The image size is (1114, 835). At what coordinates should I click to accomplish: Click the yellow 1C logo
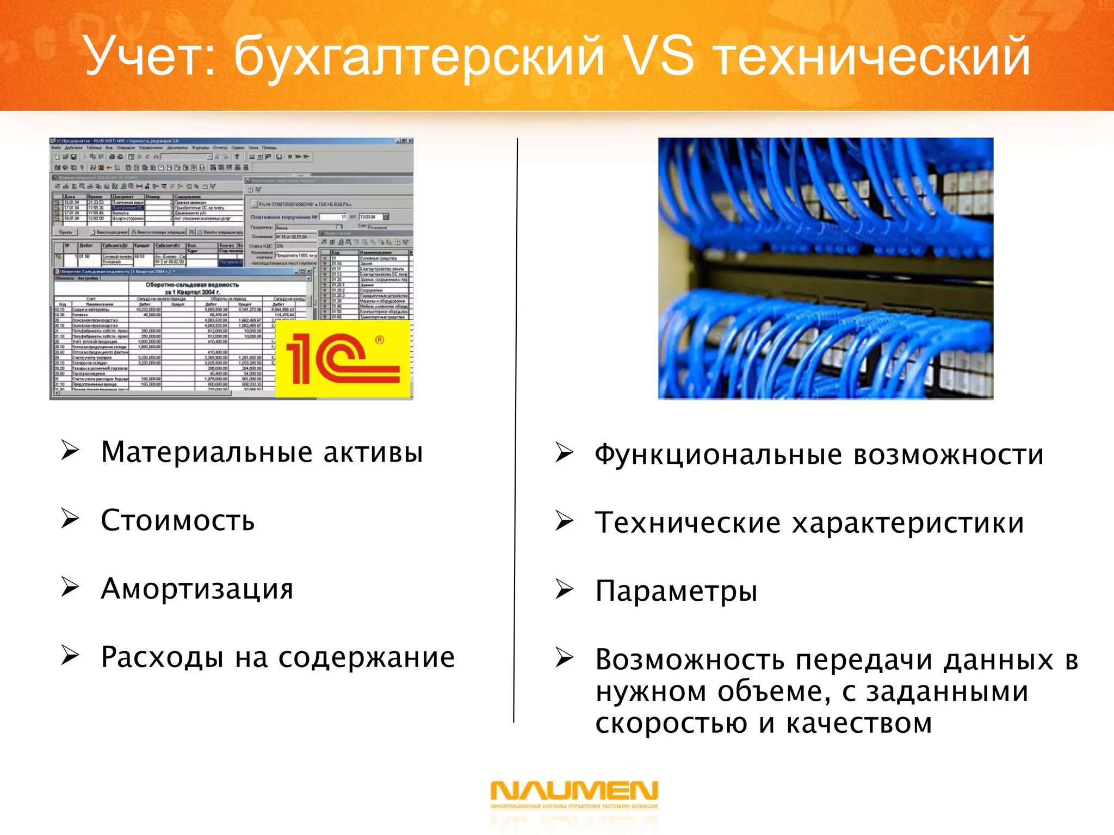click(343, 359)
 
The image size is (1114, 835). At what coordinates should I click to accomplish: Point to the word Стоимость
click(178, 521)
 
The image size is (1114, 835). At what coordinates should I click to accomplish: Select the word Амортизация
click(197, 589)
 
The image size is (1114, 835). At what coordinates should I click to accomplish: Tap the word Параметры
click(676, 591)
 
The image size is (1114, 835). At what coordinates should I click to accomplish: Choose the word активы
click(373, 453)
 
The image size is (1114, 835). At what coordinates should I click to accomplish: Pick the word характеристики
click(908, 524)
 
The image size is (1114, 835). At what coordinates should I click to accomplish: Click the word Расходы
click(162, 658)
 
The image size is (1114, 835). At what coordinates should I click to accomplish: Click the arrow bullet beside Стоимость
click(70, 519)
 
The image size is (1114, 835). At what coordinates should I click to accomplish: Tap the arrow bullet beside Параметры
click(564, 590)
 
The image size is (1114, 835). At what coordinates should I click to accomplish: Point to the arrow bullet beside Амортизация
click(70, 587)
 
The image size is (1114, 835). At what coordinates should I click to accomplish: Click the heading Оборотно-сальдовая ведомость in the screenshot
click(192, 285)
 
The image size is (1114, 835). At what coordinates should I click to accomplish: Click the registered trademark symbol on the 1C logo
click(380, 340)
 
